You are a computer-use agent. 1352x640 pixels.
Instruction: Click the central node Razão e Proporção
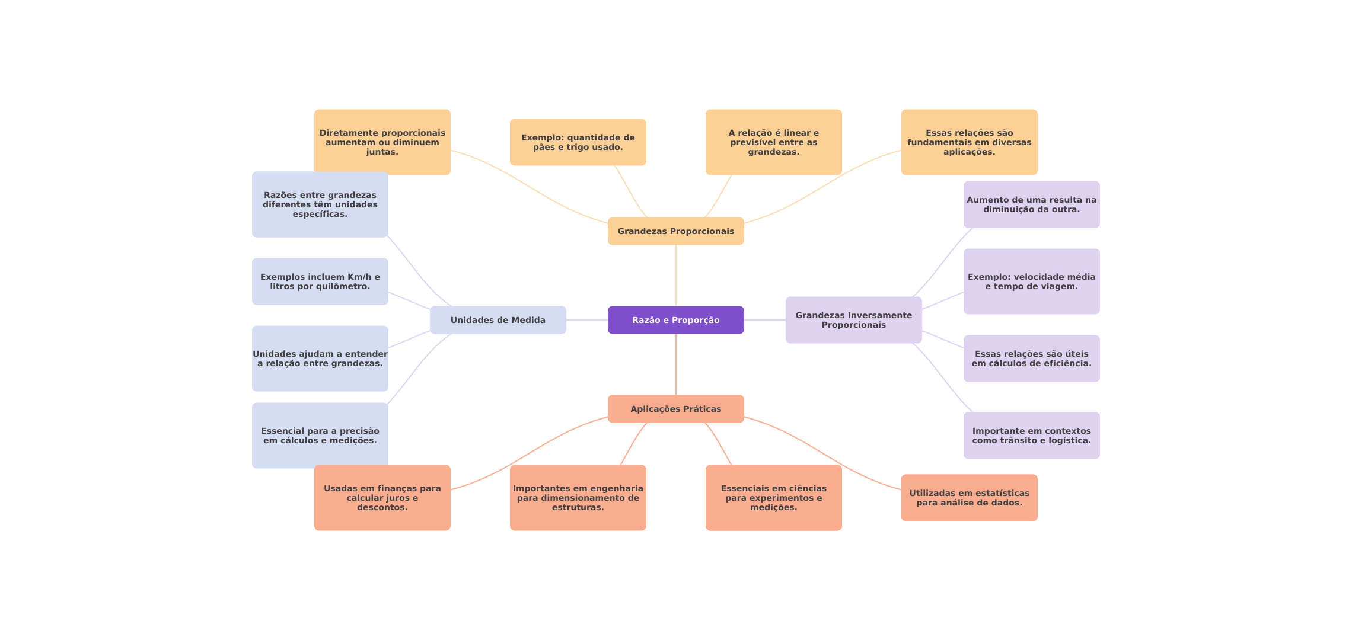(675, 320)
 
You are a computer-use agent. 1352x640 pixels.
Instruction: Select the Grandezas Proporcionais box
(675, 231)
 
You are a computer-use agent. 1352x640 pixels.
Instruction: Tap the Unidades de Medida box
(498, 320)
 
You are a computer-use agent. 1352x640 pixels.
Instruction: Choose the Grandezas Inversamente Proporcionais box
(853, 320)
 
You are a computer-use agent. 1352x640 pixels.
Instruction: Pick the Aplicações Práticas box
(675, 409)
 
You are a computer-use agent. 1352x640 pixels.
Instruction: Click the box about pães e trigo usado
(578, 142)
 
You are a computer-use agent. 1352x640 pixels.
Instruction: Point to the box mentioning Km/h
(320, 281)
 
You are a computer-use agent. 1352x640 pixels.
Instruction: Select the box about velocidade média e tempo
(1031, 281)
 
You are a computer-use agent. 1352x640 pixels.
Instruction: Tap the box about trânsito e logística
(1031, 436)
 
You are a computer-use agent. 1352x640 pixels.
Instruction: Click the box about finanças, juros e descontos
(382, 498)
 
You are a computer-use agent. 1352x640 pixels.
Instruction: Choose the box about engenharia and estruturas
(578, 498)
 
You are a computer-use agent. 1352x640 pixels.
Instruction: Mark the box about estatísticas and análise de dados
(969, 498)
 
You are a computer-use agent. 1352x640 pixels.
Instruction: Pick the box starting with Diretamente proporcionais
(382, 142)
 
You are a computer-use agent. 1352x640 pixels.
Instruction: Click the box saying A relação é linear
(773, 142)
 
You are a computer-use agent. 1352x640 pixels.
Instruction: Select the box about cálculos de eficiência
(1031, 359)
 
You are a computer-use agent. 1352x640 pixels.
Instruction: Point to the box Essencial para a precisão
(320, 436)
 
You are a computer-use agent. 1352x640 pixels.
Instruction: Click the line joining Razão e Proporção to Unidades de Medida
(587, 320)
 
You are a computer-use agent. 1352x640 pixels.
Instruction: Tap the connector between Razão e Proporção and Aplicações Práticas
(676, 364)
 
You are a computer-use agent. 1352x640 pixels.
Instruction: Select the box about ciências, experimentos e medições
(773, 498)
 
